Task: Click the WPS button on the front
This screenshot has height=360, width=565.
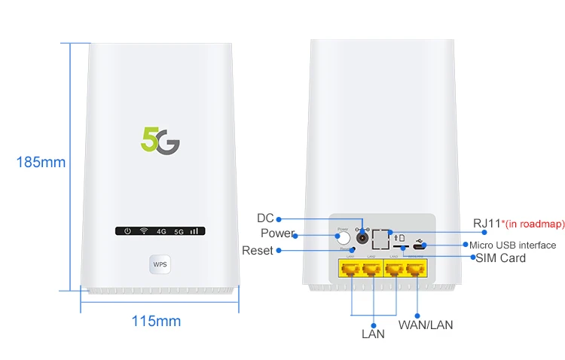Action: point(160,264)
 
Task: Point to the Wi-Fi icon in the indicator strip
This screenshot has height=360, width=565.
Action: point(143,230)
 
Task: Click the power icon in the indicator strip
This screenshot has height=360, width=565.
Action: point(128,230)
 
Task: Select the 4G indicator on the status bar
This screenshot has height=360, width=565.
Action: point(161,231)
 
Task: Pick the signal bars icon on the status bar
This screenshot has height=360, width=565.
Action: point(194,230)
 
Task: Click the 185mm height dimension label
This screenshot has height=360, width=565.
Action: point(41,162)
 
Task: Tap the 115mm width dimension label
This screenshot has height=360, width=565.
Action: point(156,322)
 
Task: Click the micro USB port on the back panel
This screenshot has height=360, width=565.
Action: point(419,246)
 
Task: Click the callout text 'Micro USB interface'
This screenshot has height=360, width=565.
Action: point(513,246)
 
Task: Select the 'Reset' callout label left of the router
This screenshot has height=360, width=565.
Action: point(258,250)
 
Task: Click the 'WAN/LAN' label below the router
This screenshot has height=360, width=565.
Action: point(426,325)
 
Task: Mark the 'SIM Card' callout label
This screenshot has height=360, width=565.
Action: point(501,258)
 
